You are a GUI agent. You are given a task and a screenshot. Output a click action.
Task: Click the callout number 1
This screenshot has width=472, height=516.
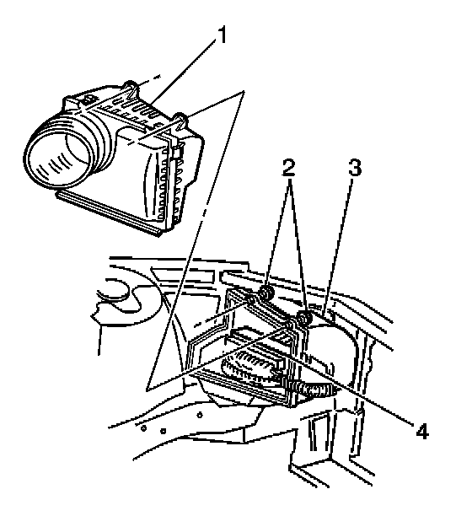click(223, 35)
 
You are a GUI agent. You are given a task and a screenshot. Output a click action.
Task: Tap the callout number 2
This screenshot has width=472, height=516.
click(289, 169)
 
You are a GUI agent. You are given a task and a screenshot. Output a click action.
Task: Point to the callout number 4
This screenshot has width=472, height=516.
click(422, 431)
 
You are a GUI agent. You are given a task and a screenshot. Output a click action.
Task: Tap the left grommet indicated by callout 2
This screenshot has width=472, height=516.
click(266, 293)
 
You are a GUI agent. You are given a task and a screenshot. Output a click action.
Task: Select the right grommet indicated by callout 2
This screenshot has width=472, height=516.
click(304, 319)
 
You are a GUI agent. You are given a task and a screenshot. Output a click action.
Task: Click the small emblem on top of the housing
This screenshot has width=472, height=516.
click(89, 99)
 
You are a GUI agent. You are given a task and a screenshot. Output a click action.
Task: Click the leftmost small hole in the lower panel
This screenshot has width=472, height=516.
click(143, 428)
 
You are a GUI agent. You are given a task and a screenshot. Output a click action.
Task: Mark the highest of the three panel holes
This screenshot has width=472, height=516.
click(200, 415)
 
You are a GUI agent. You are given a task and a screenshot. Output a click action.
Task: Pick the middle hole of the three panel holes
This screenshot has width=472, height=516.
click(164, 431)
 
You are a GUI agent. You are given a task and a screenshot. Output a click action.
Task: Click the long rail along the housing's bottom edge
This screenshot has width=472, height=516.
click(109, 213)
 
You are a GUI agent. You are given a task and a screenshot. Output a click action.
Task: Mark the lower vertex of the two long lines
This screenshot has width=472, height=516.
click(147, 390)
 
